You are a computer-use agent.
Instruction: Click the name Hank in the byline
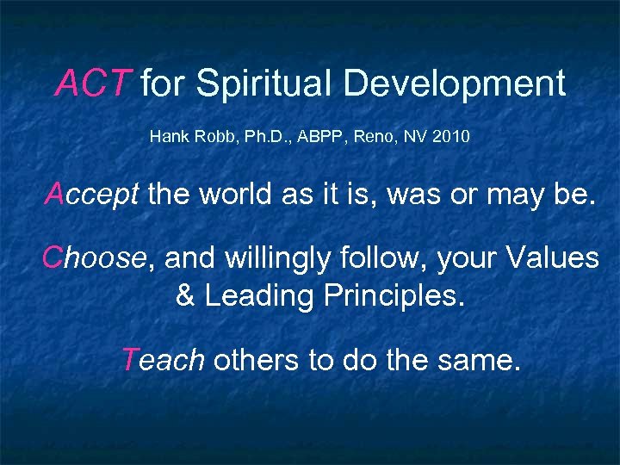click(165, 136)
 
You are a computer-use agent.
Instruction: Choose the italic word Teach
click(163, 359)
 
